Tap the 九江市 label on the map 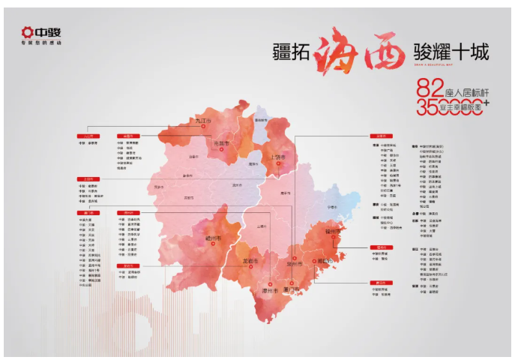click(203, 121)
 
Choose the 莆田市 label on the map click(324, 260)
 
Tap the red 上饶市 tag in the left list click(89, 179)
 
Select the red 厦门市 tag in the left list click(89, 212)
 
